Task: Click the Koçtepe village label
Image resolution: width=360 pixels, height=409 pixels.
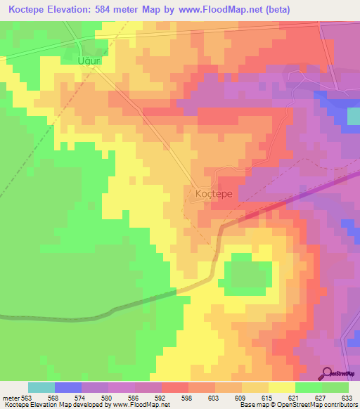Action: coord(212,190)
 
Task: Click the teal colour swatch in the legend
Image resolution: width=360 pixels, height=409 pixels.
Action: coord(41,387)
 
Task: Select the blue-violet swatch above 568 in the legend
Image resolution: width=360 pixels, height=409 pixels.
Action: coord(68,387)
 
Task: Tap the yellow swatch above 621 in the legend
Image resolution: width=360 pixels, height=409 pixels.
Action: coord(282,387)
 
